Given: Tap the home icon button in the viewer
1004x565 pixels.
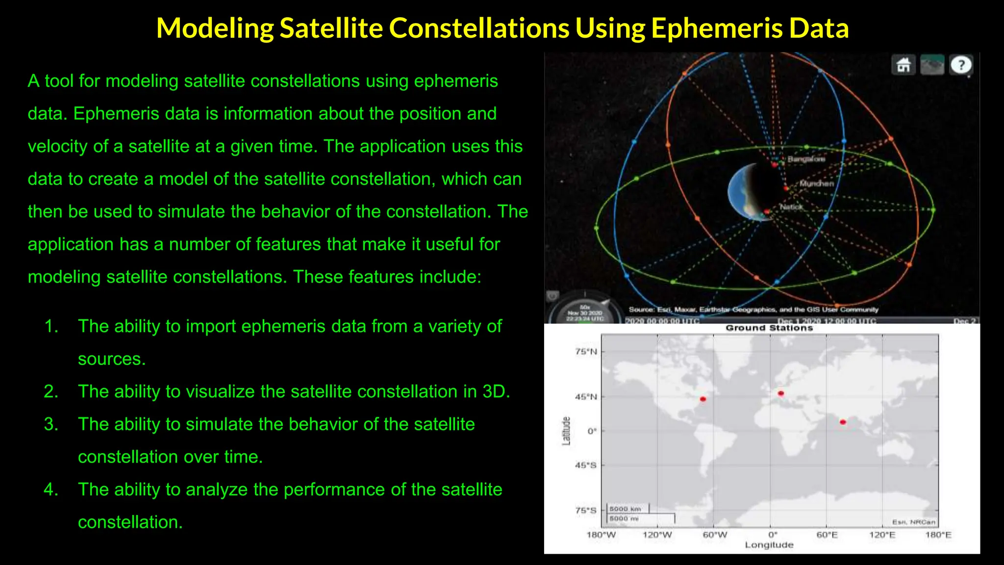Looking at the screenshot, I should [904, 65].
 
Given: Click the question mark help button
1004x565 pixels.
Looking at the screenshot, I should [961, 65].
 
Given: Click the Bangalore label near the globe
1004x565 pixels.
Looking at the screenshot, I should [806, 159].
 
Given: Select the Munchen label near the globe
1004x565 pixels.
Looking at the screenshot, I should [816, 183].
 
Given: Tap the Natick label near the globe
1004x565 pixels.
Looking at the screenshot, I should [791, 207].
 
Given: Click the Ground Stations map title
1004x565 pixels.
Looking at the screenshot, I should [769, 328].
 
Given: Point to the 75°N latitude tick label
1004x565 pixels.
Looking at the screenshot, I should [586, 351].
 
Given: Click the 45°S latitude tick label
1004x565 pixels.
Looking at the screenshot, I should [586, 465].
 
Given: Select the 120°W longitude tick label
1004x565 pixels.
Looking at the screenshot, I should [657, 535].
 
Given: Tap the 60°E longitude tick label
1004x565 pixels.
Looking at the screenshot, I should [827, 535].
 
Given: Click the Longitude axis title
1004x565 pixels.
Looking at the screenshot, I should [769, 545].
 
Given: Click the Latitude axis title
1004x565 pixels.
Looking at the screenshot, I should [566, 431].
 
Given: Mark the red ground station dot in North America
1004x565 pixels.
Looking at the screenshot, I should [703, 399].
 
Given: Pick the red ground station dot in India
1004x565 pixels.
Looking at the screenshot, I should [843, 422].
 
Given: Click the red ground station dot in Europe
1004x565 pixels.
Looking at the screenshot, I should [781, 393].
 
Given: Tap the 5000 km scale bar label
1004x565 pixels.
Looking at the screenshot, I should [625, 509].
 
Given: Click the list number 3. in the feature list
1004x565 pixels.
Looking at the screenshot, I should [51, 424].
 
